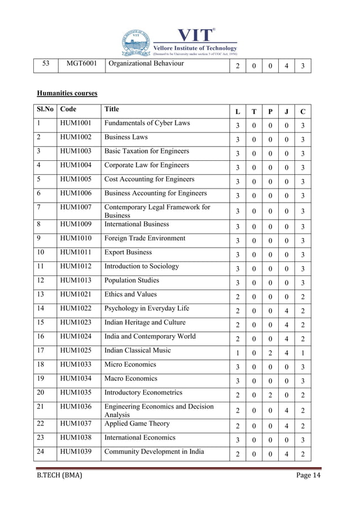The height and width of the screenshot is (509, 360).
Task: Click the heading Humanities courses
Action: (x=67, y=93)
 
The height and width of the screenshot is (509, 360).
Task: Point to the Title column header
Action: (x=112, y=109)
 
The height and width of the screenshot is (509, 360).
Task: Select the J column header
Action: (x=287, y=112)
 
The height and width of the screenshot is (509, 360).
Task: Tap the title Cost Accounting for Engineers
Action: (x=150, y=179)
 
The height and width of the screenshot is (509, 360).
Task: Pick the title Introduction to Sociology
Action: (x=142, y=266)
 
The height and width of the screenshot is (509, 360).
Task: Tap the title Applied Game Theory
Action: (x=137, y=423)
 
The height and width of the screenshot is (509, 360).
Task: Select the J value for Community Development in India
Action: (x=287, y=454)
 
